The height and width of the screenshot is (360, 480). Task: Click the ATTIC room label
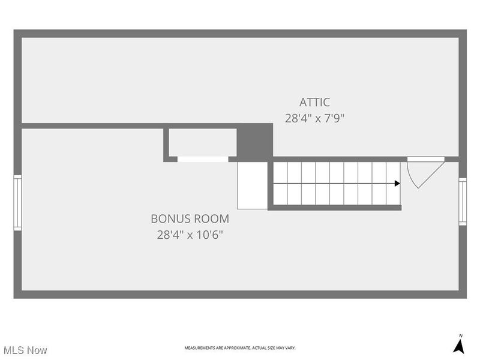tap(314, 102)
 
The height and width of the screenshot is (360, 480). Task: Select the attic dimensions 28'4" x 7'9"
tap(314, 118)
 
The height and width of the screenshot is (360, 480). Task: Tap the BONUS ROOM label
tap(190, 219)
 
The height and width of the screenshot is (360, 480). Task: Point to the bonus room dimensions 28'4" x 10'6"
tap(190, 235)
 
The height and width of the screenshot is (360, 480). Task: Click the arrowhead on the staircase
tap(397, 184)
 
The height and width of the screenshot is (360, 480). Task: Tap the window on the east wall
tap(463, 202)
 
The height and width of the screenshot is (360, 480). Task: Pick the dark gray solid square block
tap(254, 142)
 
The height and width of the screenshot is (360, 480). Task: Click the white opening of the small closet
tap(203, 159)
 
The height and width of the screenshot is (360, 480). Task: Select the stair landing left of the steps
tap(252, 185)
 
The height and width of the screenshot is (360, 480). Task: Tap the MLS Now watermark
tap(25, 349)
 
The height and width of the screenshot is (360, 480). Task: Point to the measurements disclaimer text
tap(239, 348)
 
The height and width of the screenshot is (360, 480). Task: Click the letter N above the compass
tap(460, 335)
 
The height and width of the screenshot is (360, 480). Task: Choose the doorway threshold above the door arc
tap(425, 159)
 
